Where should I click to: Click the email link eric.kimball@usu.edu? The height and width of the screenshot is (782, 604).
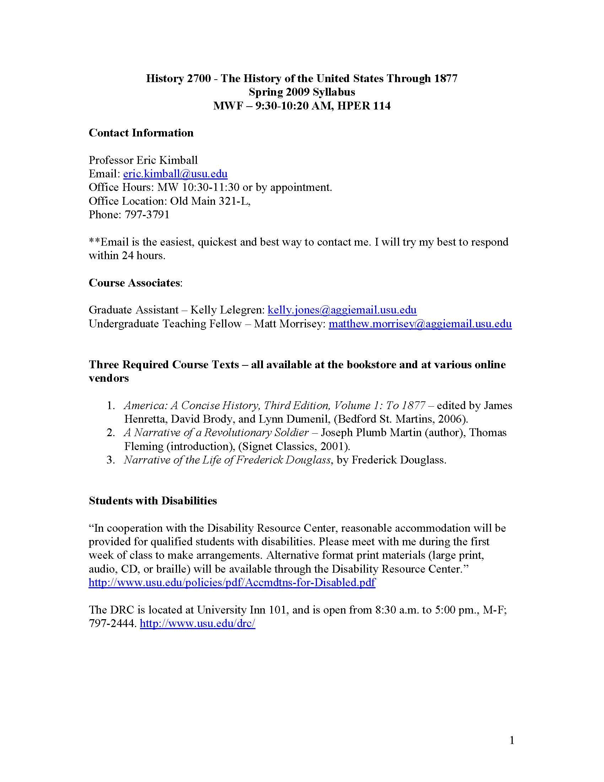point(175,174)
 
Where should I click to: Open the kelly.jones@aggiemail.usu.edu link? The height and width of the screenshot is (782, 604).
point(342,310)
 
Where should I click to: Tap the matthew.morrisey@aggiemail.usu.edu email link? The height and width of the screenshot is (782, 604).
point(420,324)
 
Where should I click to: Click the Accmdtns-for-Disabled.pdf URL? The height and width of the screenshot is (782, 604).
point(232,583)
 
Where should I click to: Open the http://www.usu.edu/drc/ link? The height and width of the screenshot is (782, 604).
point(198,623)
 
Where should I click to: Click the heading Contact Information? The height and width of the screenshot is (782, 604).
point(141,133)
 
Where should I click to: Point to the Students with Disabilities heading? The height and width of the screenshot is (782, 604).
point(153,500)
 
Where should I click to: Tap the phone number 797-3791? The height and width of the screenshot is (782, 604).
point(147,214)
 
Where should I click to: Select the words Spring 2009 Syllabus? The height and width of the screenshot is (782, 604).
point(302,92)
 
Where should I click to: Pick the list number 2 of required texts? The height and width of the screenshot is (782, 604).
point(111,433)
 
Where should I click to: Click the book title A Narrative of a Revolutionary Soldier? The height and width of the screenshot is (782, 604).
point(216,433)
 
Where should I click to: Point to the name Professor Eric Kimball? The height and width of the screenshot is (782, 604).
point(143,160)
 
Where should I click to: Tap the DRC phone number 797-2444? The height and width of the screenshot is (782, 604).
point(112,623)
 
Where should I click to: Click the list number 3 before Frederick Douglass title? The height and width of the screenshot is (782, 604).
point(111,460)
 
